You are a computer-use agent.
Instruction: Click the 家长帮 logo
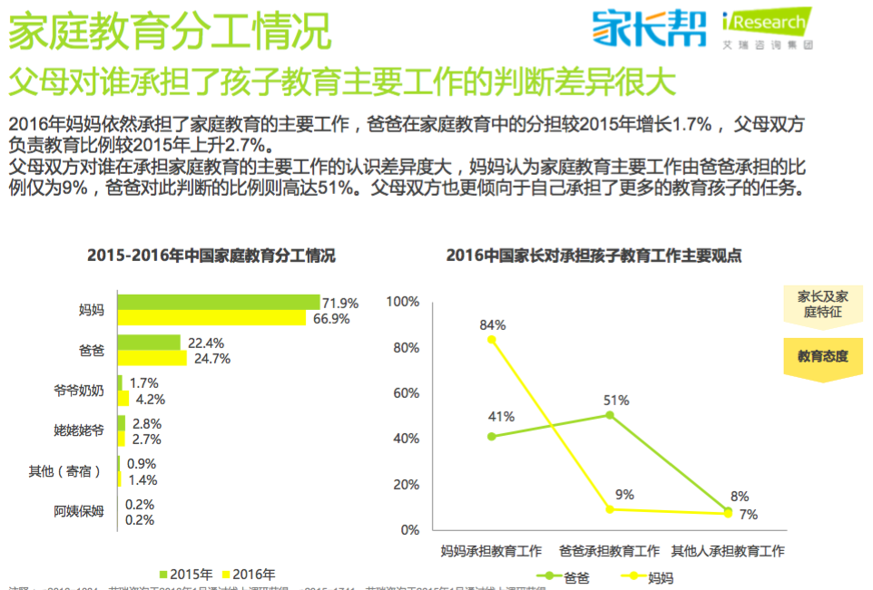[649, 27]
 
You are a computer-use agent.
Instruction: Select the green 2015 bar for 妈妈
[218, 302]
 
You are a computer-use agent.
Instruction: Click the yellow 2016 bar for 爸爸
[152, 358]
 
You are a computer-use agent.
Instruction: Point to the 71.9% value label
[341, 303]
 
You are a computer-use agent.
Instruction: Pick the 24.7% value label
[210, 359]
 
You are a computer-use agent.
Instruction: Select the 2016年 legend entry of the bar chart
[247, 575]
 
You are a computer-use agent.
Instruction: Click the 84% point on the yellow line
[492, 340]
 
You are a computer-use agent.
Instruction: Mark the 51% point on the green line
[609, 415]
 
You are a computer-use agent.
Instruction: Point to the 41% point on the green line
[492, 436]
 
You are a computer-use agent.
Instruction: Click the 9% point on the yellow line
[610, 509]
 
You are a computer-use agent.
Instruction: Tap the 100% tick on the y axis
[403, 302]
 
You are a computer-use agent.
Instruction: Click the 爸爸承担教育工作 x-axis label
[609, 551]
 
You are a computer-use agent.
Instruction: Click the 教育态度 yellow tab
[823, 356]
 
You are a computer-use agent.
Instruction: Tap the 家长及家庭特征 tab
[823, 305]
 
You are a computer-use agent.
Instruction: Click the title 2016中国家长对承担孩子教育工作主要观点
[593, 256]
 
